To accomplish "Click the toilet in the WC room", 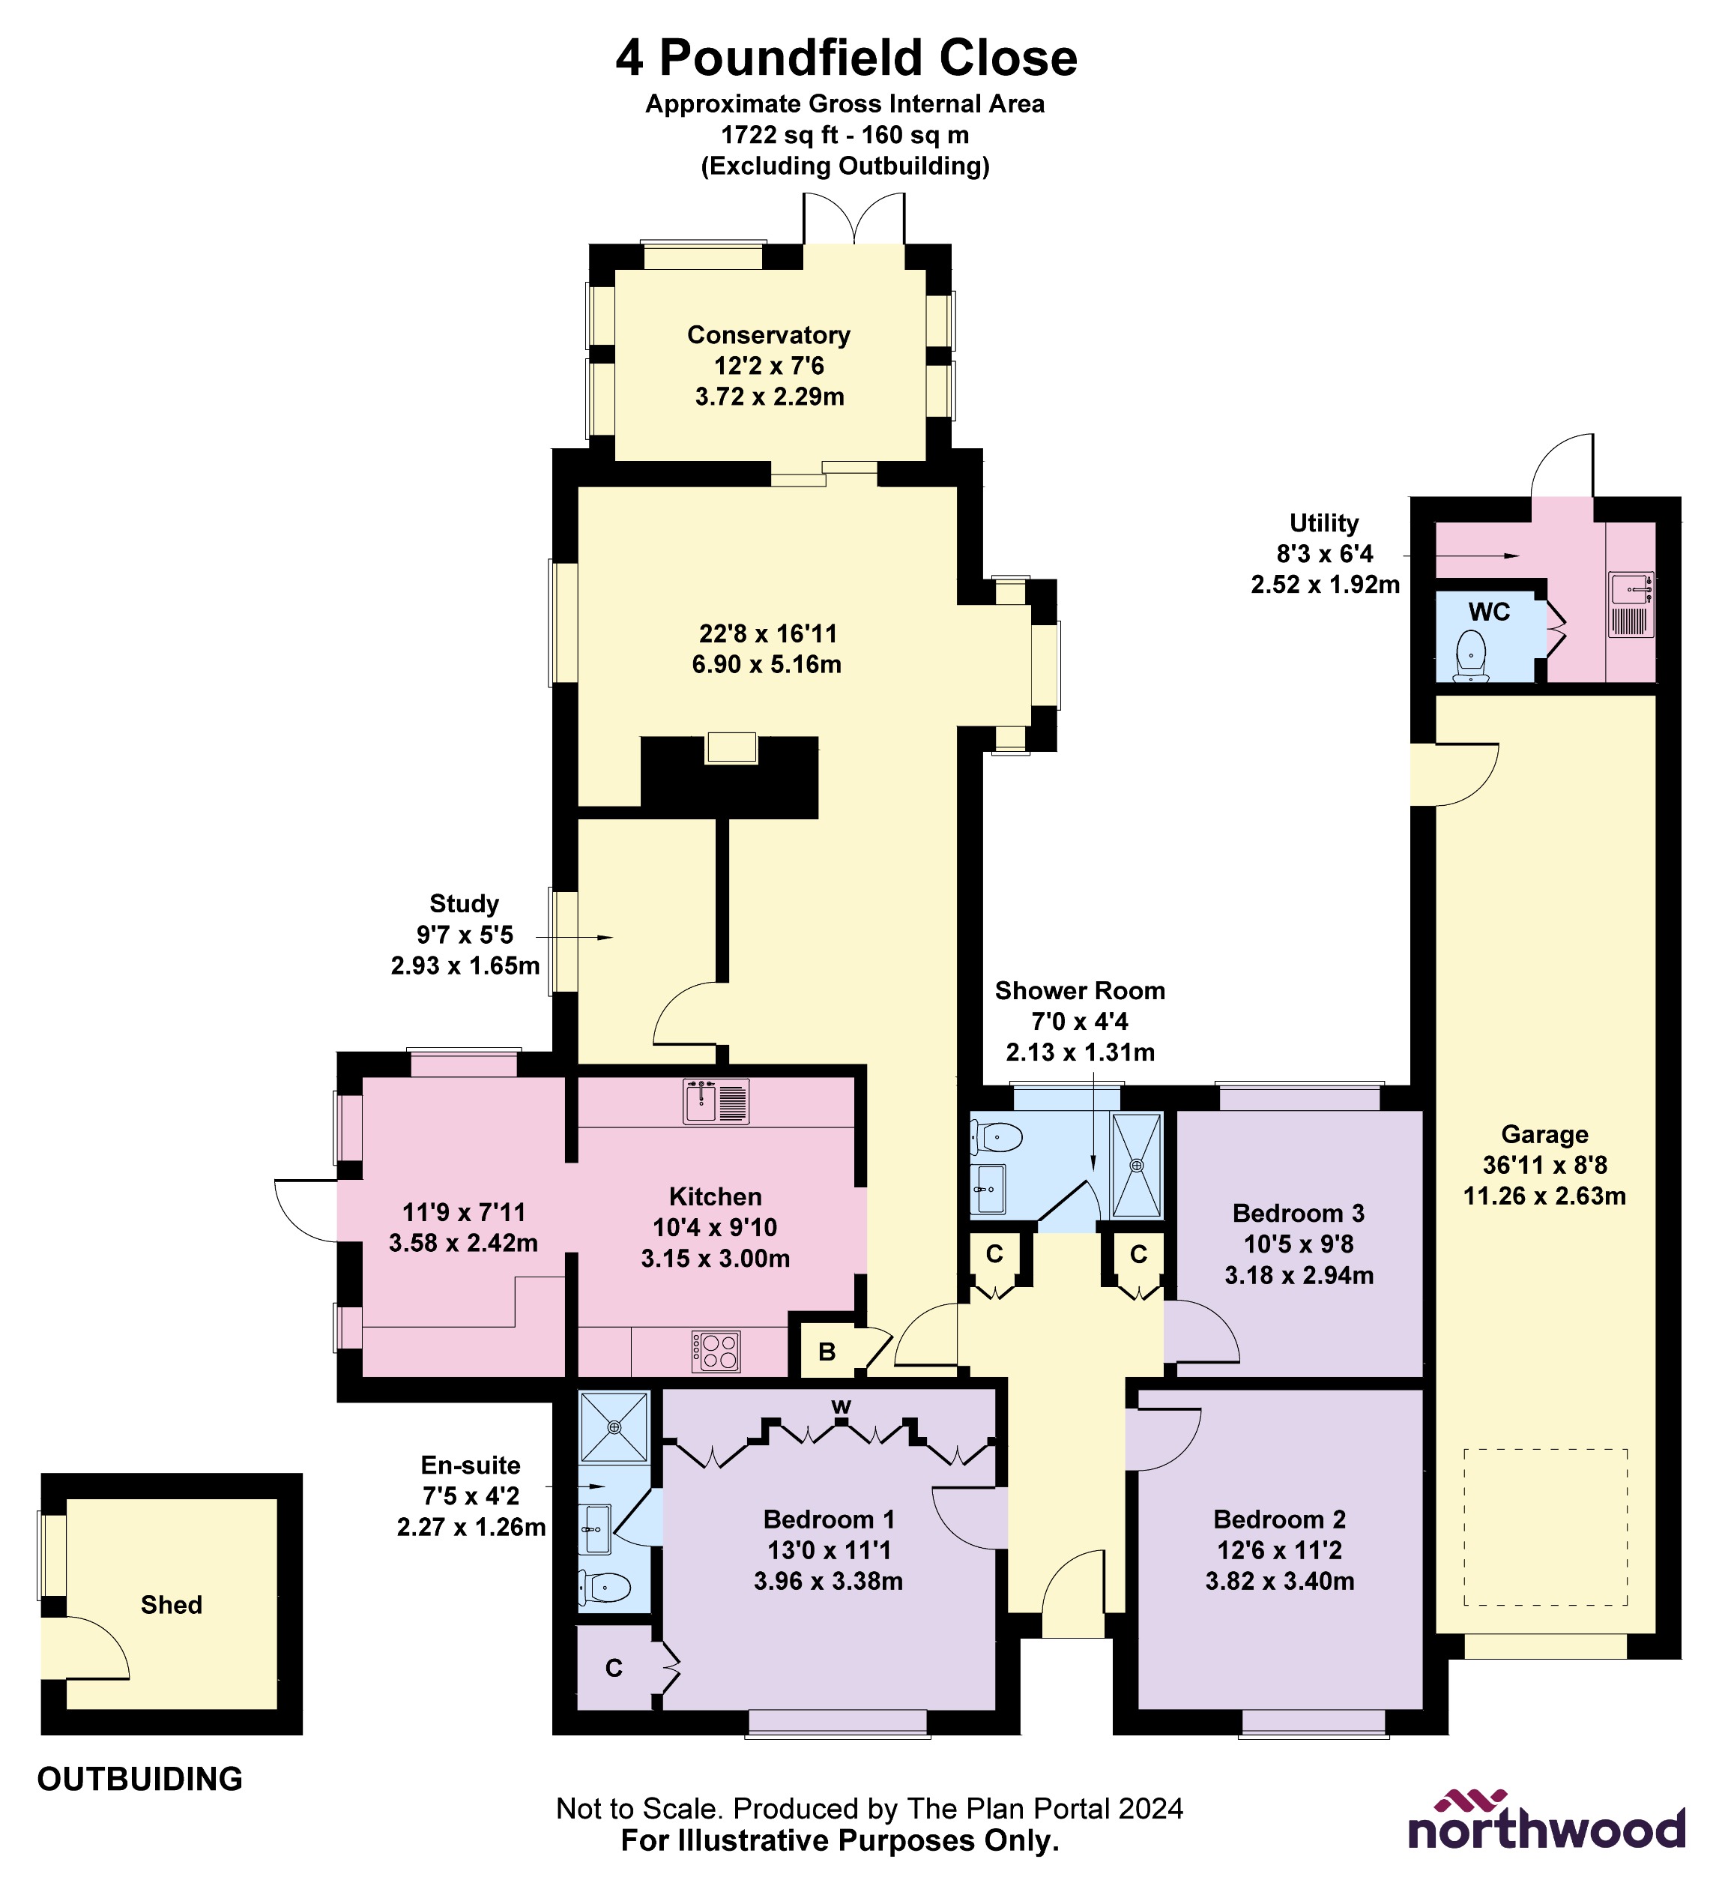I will tap(1471, 654).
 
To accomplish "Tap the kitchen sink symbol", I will tap(716, 1102).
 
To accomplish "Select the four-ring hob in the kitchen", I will tap(716, 1351).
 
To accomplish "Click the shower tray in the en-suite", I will tap(614, 1427).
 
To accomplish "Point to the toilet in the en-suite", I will tap(605, 1586).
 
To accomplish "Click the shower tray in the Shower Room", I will tap(1136, 1166).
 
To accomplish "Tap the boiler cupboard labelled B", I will tap(827, 1351).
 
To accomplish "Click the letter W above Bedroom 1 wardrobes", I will tap(842, 1406).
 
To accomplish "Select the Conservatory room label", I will tap(768, 334).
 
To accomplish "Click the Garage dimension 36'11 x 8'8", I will tap(1544, 1165).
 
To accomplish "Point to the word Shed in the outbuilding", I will tap(172, 1605).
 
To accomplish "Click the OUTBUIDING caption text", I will tap(139, 1778).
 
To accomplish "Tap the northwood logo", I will tap(1547, 1822).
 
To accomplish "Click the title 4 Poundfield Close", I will tap(846, 58).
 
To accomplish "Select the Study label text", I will tap(464, 903).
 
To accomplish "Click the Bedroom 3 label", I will tap(1299, 1214).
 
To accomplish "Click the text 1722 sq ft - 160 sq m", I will tap(844, 135).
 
